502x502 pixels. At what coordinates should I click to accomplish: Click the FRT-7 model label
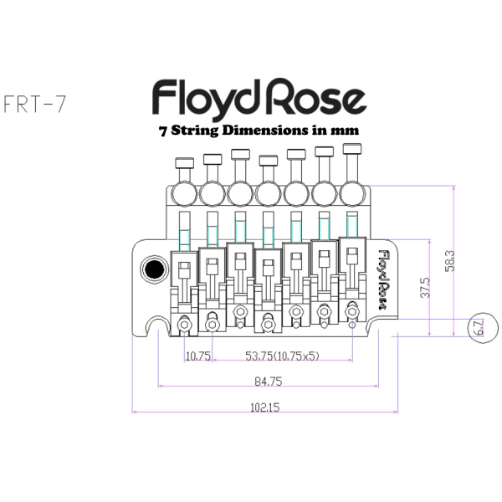tap(35, 105)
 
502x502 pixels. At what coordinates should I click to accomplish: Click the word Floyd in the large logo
tap(204, 99)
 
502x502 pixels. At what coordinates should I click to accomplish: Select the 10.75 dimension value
tap(198, 356)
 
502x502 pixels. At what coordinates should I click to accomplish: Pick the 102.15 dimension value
tap(264, 408)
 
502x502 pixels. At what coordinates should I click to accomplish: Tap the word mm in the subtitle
tap(348, 131)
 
